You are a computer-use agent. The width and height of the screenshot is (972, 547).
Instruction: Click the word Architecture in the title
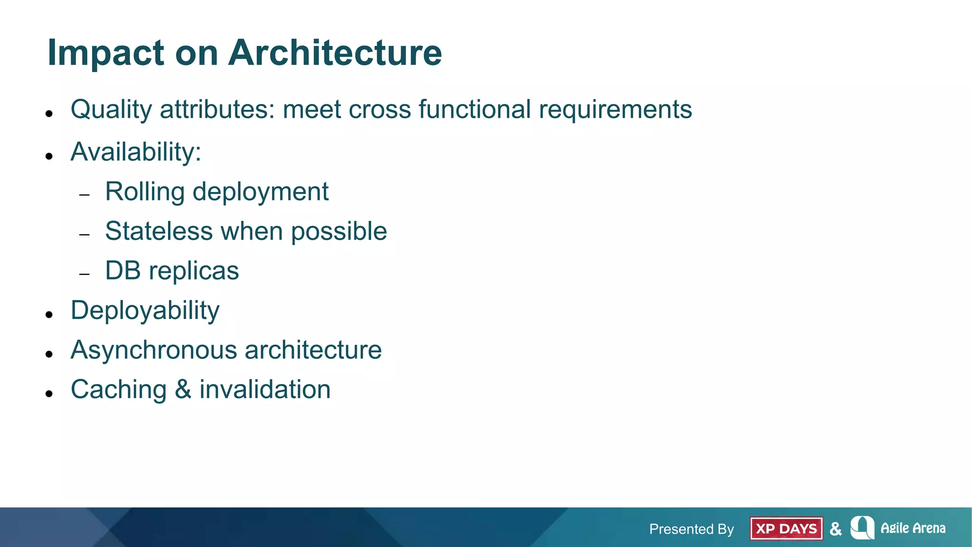point(335,52)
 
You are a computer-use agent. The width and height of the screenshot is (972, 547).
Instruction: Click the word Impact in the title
point(106,53)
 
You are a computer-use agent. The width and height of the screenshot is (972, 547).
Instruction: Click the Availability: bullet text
point(136,152)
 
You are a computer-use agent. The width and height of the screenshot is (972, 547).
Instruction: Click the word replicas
point(194,271)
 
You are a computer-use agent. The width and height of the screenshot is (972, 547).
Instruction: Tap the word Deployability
point(145,311)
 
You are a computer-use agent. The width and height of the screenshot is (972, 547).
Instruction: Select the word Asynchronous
point(154,350)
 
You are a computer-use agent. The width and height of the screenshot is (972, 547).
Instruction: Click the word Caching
point(119,390)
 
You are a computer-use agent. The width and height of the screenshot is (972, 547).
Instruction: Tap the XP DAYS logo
point(786,528)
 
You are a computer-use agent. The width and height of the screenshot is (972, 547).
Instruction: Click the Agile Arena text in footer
point(913,528)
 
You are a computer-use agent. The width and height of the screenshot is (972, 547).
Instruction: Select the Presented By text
point(691,529)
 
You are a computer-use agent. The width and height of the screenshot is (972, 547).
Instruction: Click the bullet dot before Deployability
point(49,314)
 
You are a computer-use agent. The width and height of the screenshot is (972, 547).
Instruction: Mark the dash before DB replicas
point(84,274)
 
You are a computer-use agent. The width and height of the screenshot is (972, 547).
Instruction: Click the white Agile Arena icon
point(862,528)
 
